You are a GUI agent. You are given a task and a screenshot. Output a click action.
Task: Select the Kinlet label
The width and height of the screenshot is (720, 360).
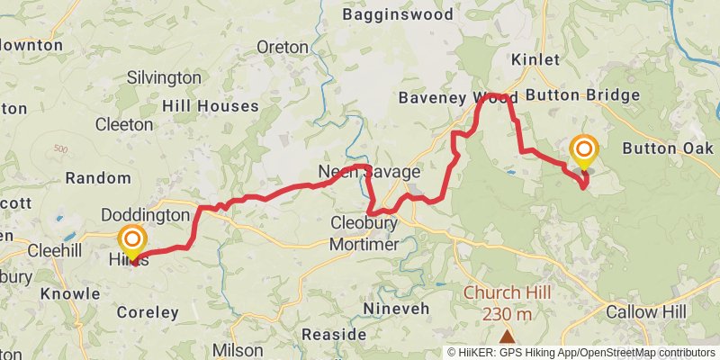pyautogui.click(x=535, y=59)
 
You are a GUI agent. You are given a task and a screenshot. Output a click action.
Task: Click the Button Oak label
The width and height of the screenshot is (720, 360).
pyautogui.click(x=667, y=148)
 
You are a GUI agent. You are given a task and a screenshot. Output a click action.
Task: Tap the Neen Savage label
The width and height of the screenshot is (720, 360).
pyautogui.click(x=369, y=171)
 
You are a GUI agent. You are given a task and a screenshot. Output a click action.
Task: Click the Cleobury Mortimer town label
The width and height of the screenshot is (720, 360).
pyautogui.click(x=364, y=232)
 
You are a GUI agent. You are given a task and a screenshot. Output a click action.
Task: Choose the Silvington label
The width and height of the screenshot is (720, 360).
pyautogui.click(x=164, y=77)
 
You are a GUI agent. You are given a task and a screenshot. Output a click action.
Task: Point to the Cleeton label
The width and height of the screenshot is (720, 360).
pyautogui.click(x=123, y=124)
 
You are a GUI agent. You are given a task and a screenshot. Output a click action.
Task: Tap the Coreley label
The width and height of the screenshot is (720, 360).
pyautogui.click(x=148, y=312)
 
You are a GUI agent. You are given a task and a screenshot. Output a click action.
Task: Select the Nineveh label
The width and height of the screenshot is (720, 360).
pyautogui.click(x=391, y=309)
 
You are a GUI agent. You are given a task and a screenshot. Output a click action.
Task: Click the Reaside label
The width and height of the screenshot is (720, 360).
pyautogui.click(x=333, y=334)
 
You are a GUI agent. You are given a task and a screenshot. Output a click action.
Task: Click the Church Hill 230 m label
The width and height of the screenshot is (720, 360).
pyautogui.click(x=508, y=303)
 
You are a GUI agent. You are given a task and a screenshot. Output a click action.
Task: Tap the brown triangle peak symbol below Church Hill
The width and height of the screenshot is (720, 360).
pyautogui.click(x=508, y=337)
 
